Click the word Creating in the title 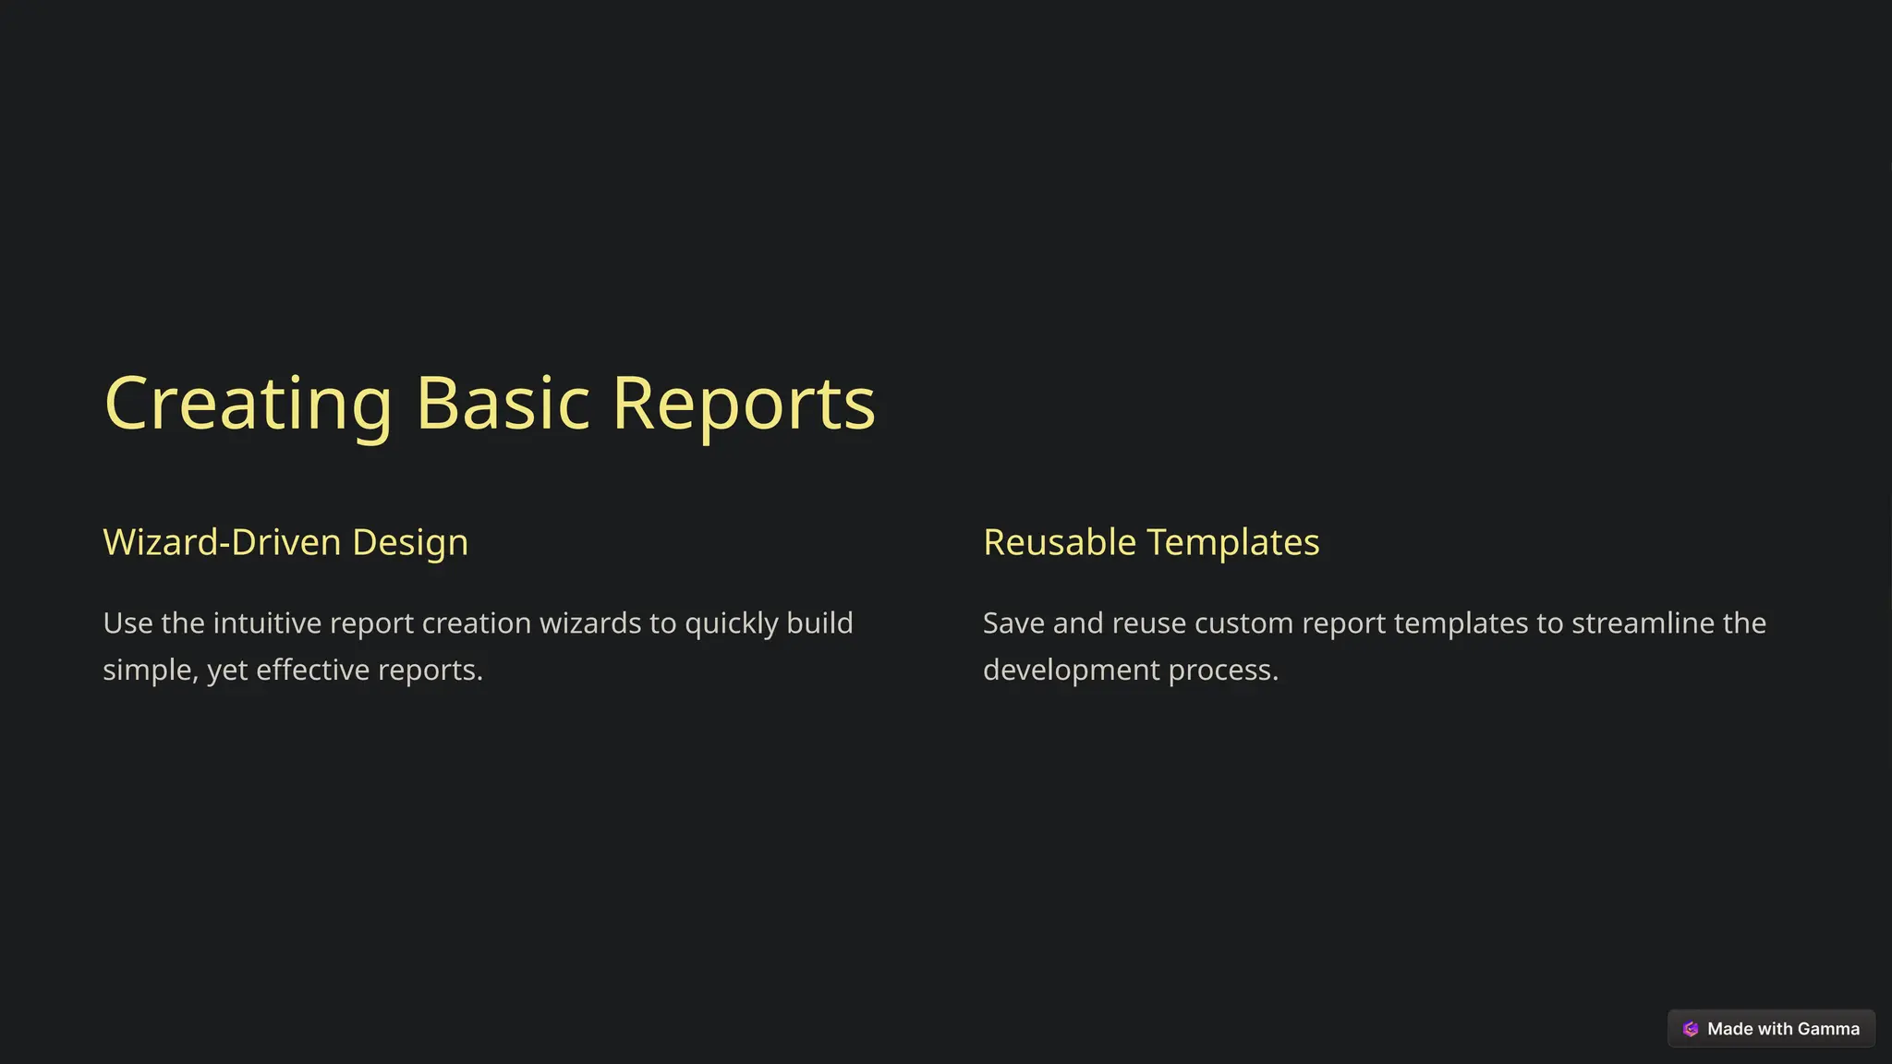tap(249, 404)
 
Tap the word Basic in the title tap(503, 404)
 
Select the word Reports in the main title tap(743, 404)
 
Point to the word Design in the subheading tap(410, 542)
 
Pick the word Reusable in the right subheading tap(1059, 542)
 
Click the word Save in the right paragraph tap(1013, 623)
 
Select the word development tap(1071, 670)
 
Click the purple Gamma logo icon tap(1691, 1029)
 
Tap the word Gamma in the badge tap(1828, 1029)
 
